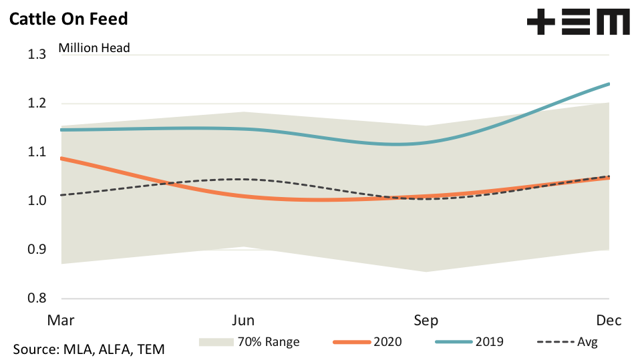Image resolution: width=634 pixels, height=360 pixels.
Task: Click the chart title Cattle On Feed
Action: pos(67,18)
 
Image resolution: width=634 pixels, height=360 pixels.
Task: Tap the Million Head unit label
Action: pos(94,47)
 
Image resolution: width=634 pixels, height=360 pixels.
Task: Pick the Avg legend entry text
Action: pos(587,342)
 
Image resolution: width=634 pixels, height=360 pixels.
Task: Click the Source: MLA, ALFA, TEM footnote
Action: pos(89,349)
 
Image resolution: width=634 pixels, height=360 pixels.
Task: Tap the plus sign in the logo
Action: pos(540,23)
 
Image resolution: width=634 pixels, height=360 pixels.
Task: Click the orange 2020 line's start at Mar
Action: pos(61,158)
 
